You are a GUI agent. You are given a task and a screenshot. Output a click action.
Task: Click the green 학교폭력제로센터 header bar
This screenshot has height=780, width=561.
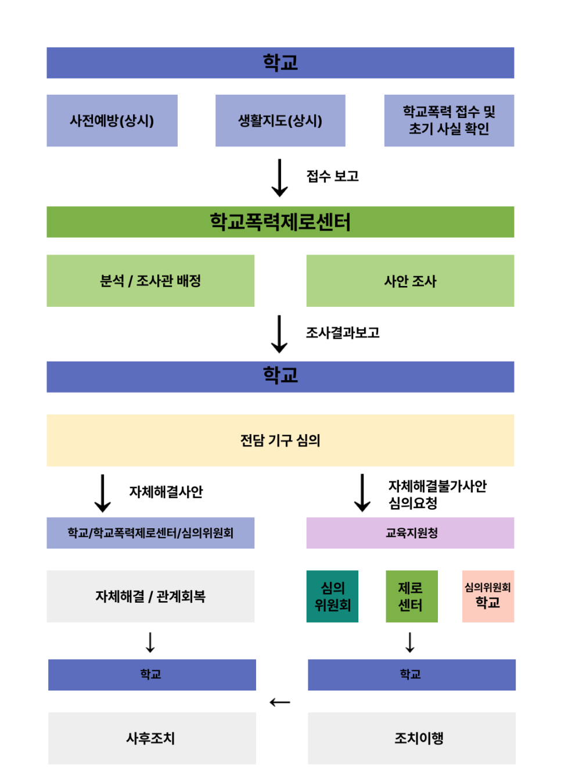(x=280, y=222)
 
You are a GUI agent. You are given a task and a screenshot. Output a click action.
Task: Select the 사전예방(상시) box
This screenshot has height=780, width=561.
(x=112, y=121)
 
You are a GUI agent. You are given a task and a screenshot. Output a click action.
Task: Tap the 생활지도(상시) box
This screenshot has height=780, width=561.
(x=280, y=121)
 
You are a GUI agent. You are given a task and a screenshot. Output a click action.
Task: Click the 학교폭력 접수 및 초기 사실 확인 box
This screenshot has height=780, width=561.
(x=449, y=121)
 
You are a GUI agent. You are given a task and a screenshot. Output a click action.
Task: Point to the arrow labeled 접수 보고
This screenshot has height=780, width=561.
(x=280, y=178)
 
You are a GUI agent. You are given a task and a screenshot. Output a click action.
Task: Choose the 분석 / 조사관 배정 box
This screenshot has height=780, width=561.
(x=150, y=281)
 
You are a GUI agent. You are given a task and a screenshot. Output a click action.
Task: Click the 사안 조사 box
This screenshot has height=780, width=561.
(x=410, y=281)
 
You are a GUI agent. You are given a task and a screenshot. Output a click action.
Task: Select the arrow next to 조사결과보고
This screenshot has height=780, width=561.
(x=279, y=334)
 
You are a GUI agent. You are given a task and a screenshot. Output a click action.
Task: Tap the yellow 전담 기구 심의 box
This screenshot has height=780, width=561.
(x=280, y=441)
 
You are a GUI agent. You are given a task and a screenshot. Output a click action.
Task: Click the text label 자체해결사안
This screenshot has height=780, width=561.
(x=166, y=492)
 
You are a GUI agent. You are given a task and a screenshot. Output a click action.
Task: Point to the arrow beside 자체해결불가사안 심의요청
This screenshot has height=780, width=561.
(x=362, y=493)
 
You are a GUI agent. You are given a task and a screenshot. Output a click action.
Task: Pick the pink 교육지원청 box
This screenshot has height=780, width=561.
(x=410, y=533)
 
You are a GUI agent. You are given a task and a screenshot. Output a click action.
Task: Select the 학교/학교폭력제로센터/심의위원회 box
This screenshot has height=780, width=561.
(x=150, y=533)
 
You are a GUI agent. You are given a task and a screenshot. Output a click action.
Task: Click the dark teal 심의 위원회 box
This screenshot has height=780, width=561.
(x=332, y=596)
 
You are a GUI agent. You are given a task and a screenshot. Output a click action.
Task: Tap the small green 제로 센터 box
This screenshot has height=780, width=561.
(x=411, y=596)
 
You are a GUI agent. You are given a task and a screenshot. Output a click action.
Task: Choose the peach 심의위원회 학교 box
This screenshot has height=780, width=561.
(x=488, y=596)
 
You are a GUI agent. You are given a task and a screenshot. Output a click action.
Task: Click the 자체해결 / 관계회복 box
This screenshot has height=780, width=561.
(x=150, y=596)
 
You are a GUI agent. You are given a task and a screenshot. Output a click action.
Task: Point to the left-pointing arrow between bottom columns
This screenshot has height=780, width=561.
(x=280, y=702)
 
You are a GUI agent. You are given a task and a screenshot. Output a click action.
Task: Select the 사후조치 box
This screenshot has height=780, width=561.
(x=152, y=738)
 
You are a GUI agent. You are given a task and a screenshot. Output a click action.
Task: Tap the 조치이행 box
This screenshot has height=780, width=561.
(x=411, y=738)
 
